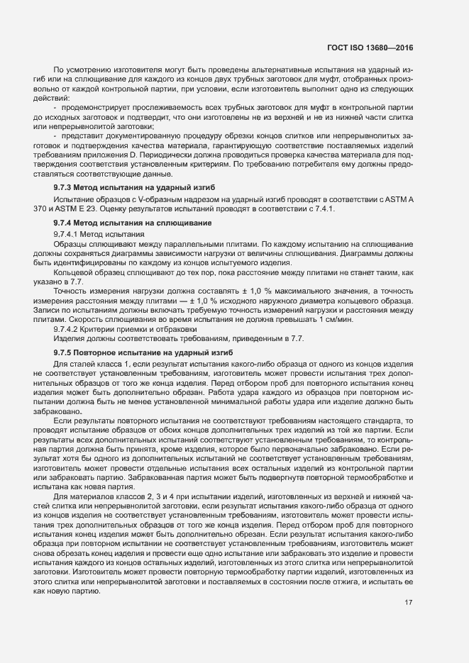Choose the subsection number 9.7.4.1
point(67,233)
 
